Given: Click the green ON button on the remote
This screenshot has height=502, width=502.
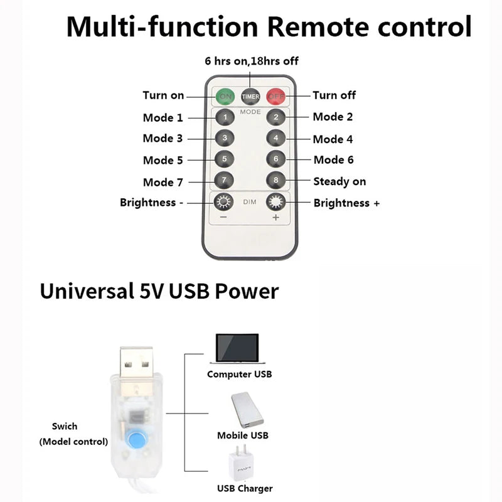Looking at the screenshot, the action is (225, 96).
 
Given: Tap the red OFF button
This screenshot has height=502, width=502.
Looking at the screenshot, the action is (276, 96).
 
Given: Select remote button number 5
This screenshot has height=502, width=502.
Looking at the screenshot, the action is (225, 159).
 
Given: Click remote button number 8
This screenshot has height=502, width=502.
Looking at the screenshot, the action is (275, 180).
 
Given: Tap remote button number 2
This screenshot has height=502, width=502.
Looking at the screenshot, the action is (276, 117).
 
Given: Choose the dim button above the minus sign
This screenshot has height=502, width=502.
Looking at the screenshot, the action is (223, 201).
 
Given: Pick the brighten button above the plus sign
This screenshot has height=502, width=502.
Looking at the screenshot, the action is (275, 201).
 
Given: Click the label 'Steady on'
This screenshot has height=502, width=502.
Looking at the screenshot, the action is (339, 181).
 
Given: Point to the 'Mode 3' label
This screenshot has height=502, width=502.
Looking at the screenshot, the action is (163, 138).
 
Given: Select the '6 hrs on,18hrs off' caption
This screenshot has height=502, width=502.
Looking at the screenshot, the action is (252, 61).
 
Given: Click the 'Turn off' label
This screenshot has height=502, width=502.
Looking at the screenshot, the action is (334, 95).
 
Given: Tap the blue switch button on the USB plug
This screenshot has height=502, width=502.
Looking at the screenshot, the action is (136, 439).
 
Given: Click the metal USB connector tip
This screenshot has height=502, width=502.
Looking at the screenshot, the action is (136, 362).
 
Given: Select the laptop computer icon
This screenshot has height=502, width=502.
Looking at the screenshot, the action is (237, 349).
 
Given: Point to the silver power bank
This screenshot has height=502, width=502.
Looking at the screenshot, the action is (247, 410).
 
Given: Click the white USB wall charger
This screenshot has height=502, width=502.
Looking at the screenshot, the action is (242, 463).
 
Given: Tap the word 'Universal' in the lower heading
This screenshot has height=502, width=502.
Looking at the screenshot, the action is (87, 291).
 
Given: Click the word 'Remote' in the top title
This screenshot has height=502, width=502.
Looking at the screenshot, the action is (318, 26).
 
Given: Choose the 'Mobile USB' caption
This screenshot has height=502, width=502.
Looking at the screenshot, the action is (243, 435).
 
